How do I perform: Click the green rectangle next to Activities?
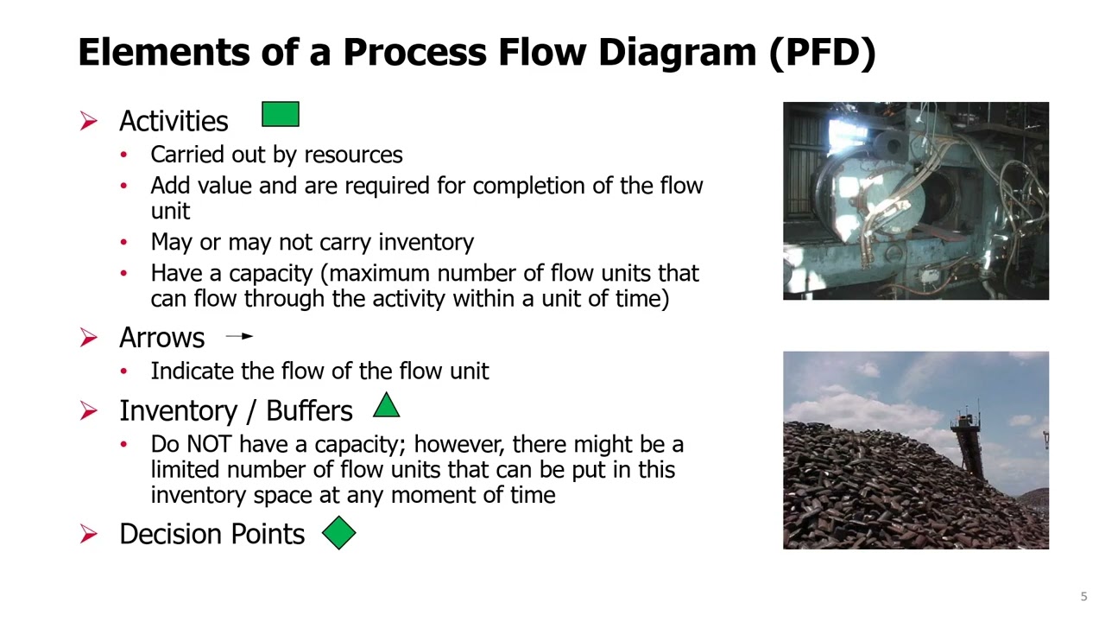click(x=281, y=115)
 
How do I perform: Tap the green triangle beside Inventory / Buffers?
click(x=386, y=407)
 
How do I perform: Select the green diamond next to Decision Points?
click(x=338, y=533)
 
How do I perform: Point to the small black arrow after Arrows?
click(x=239, y=336)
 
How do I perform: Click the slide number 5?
click(x=1083, y=596)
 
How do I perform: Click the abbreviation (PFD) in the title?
click(x=823, y=53)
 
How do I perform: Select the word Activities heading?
click(x=174, y=121)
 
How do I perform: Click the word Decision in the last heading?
click(x=167, y=534)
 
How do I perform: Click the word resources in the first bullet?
click(x=353, y=155)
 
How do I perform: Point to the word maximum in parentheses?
click(x=379, y=273)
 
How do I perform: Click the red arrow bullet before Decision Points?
click(x=89, y=535)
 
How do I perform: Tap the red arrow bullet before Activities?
click(x=89, y=121)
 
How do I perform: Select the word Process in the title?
click(x=414, y=53)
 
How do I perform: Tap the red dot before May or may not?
click(x=124, y=242)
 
